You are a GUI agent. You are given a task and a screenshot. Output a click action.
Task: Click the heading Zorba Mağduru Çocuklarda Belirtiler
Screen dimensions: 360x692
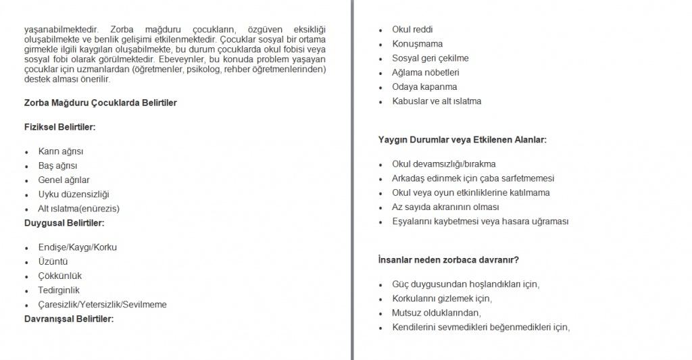point(101,103)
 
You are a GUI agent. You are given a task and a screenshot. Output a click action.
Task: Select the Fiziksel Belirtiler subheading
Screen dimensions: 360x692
point(59,126)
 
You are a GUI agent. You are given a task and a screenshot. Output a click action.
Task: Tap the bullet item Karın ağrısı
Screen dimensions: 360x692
point(61,151)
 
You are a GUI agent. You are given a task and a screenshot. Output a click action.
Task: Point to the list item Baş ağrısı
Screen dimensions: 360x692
point(57,165)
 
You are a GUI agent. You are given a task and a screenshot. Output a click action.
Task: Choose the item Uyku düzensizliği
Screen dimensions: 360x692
point(74,195)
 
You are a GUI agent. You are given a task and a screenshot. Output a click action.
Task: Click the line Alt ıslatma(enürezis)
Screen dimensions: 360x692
point(83,209)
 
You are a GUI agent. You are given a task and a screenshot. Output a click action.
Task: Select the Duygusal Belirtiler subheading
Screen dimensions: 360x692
point(64,222)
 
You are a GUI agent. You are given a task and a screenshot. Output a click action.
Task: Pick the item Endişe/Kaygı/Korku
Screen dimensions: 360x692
point(78,247)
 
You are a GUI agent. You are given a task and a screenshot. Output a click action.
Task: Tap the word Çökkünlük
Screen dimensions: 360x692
point(60,276)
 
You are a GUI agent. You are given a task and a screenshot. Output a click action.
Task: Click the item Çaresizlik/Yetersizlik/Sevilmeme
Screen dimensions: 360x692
point(103,305)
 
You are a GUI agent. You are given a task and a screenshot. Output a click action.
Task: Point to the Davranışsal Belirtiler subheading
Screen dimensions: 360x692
point(69,318)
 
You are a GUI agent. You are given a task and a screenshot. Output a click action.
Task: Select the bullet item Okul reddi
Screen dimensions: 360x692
point(412,30)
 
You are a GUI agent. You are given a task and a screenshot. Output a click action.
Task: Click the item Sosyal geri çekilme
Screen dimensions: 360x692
point(430,58)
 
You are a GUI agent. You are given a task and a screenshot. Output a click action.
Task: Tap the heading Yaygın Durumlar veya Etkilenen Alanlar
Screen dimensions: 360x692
point(462,140)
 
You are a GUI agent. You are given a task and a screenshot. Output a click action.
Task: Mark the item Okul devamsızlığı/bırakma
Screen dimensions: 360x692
point(444,164)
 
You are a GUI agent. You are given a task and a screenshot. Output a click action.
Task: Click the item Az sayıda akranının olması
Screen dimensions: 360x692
point(445,207)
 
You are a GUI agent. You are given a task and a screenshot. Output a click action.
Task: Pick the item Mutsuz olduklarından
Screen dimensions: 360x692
point(436,313)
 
